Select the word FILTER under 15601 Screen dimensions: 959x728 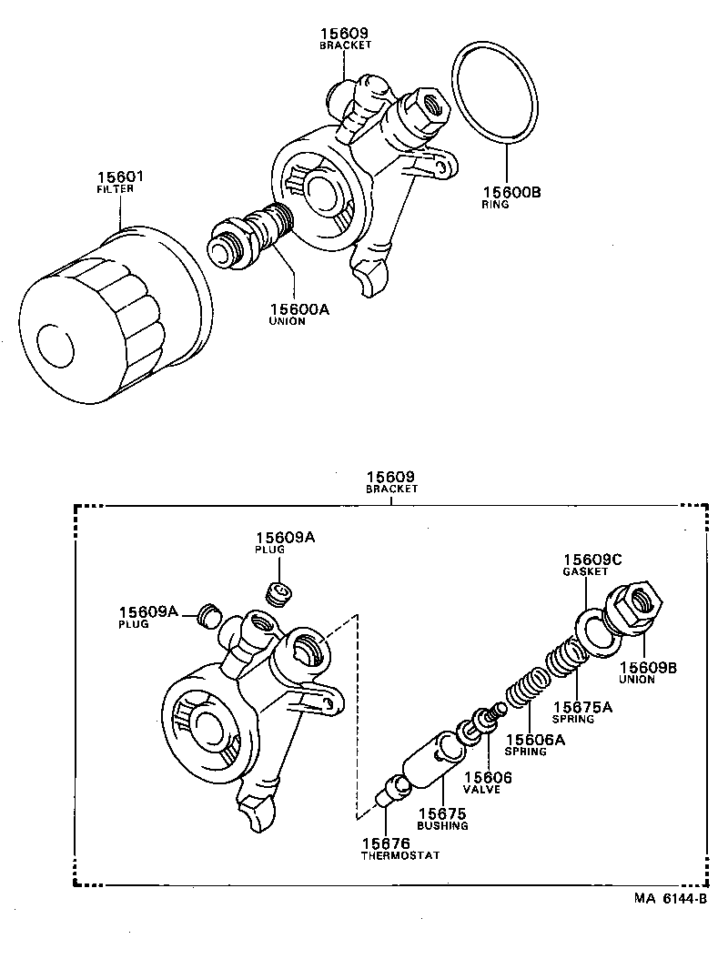tap(115, 189)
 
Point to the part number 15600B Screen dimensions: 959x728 tap(510, 192)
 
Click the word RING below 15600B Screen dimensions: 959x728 tap(495, 205)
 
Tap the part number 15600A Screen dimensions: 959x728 tap(298, 309)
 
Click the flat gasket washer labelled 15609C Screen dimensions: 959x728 tap(597, 631)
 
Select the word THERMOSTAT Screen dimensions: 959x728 tap(400, 856)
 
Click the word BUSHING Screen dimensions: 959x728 tap(442, 825)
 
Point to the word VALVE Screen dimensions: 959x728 tap(482, 790)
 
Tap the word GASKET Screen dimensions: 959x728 tap(585, 571)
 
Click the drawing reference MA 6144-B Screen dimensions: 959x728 tap(671, 898)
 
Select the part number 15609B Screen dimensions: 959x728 tap(648, 667)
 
